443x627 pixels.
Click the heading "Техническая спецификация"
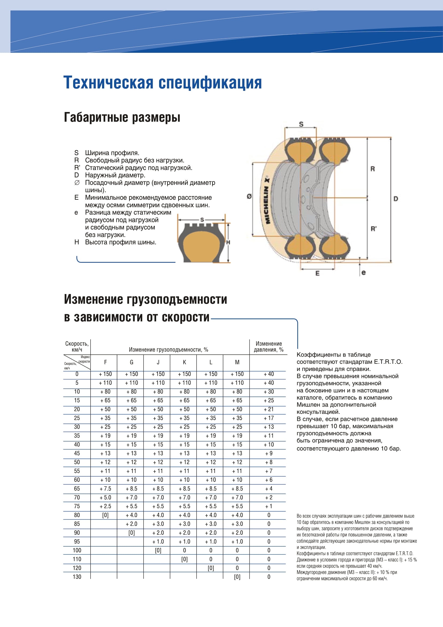point(163,83)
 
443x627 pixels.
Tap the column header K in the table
point(184,362)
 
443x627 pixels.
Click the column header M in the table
point(237,362)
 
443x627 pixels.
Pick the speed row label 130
point(77,577)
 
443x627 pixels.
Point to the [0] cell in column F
point(105,515)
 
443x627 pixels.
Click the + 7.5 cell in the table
point(105,489)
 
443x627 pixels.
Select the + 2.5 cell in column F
point(105,506)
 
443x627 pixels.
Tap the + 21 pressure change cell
point(269,409)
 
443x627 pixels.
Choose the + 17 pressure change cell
point(269,418)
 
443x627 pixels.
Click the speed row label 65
point(77,489)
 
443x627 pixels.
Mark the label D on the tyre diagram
point(396,199)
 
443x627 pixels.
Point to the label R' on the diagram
point(373,229)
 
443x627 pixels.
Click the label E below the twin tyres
point(317,273)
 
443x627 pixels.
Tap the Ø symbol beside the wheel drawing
point(249,196)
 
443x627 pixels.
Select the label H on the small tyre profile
point(228,242)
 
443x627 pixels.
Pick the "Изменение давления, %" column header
point(268,347)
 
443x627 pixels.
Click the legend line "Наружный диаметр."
point(115,175)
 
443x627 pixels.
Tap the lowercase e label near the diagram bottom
point(363,273)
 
